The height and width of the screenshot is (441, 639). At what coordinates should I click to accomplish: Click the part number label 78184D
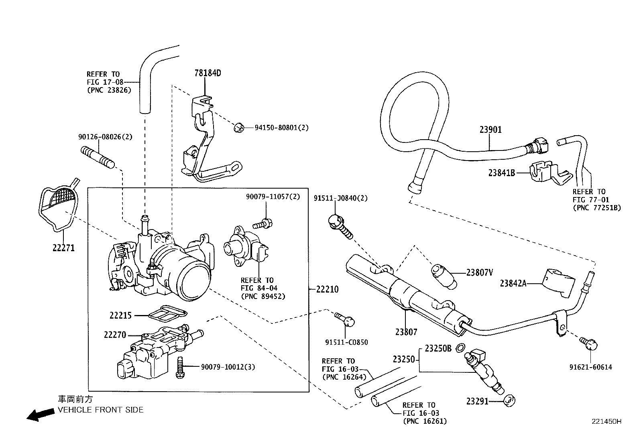[x=208, y=73]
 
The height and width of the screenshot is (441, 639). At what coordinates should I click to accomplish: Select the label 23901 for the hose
[x=490, y=130]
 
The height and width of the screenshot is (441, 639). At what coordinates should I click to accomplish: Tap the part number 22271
[x=63, y=248]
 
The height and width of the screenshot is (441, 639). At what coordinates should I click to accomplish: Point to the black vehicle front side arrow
[x=40, y=415]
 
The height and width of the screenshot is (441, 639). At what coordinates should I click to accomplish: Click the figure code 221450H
[x=606, y=421]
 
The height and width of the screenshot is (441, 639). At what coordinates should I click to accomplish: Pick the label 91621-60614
[x=590, y=367]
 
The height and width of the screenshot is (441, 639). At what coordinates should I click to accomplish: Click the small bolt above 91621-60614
[x=589, y=343]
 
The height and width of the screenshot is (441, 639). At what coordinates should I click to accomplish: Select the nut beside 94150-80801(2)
[x=238, y=128]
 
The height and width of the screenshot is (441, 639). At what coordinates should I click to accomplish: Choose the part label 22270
[x=115, y=334]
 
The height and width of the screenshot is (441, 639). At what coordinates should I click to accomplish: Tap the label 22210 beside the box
[x=327, y=289]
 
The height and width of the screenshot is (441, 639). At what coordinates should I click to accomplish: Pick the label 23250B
[x=438, y=348]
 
